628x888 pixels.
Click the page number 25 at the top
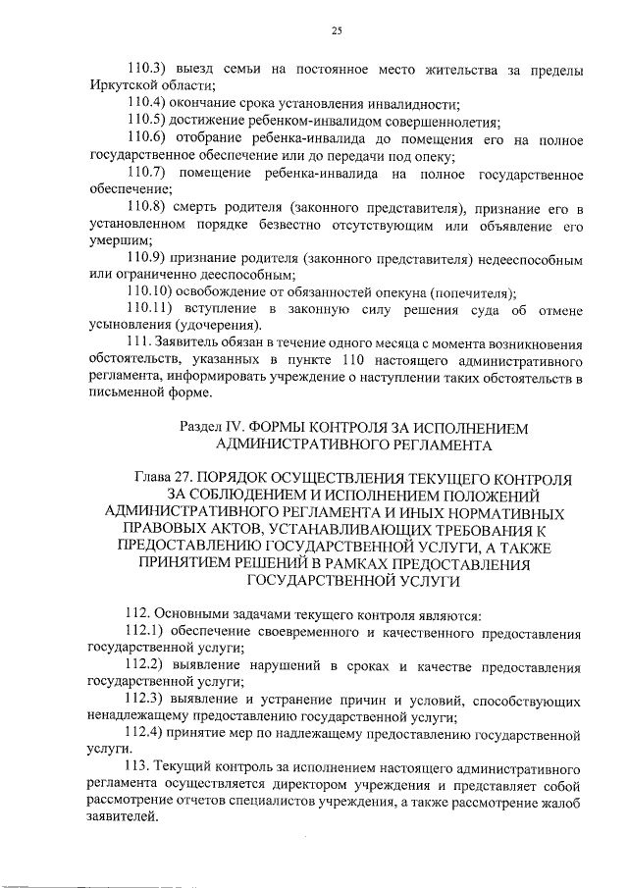[x=336, y=31]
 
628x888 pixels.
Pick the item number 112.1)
[x=148, y=633]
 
